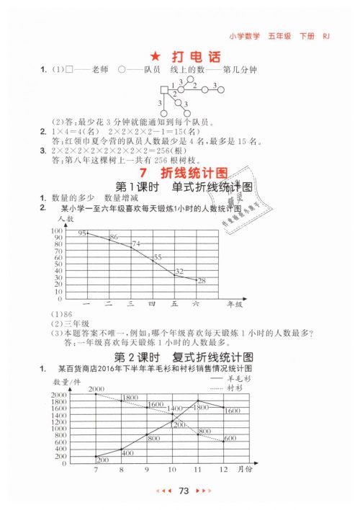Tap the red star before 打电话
[153, 55]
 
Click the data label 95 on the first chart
[84, 233]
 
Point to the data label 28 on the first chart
[202, 280]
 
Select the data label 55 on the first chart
[158, 257]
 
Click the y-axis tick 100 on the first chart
[56, 231]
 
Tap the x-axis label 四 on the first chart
[152, 304]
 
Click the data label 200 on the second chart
[102, 459]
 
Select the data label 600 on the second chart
[230, 439]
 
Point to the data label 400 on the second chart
[127, 452]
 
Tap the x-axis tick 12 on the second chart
[224, 469]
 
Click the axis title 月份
[243, 469]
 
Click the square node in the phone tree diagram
[163, 90]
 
